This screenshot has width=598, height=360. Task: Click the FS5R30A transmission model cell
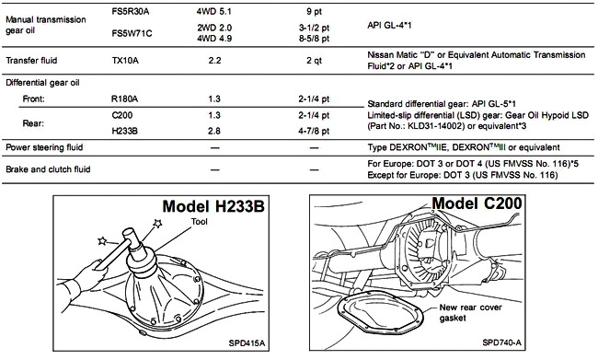click(x=130, y=11)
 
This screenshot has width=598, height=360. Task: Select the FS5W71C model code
click(x=132, y=33)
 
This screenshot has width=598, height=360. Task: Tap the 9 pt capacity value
click(x=314, y=12)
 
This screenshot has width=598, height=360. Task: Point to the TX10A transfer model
click(x=125, y=61)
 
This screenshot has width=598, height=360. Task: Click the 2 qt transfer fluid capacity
click(x=314, y=61)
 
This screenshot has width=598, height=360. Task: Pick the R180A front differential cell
click(x=124, y=99)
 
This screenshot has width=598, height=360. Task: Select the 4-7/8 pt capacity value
click(x=314, y=131)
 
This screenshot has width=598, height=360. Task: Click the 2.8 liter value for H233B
click(x=214, y=131)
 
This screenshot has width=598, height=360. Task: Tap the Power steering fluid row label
click(x=44, y=147)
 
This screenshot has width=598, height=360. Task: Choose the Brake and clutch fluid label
click(x=48, y=169)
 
